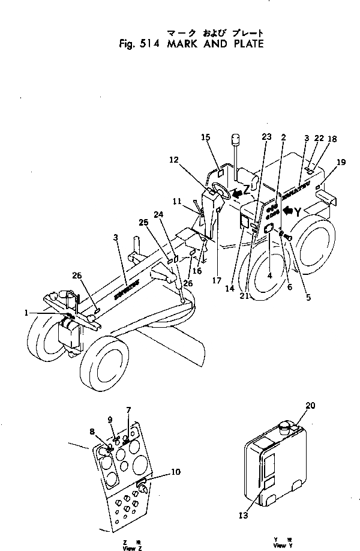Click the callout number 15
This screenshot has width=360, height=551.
[205, 137]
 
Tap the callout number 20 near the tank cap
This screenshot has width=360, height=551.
[310, 406]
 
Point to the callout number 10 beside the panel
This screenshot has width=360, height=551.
[175, 472]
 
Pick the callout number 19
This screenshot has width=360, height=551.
[341, 162]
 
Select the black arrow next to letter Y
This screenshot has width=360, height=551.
[289, 210]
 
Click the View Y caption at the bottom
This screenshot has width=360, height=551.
[280, 546]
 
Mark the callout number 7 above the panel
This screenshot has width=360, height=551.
[128, 410]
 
